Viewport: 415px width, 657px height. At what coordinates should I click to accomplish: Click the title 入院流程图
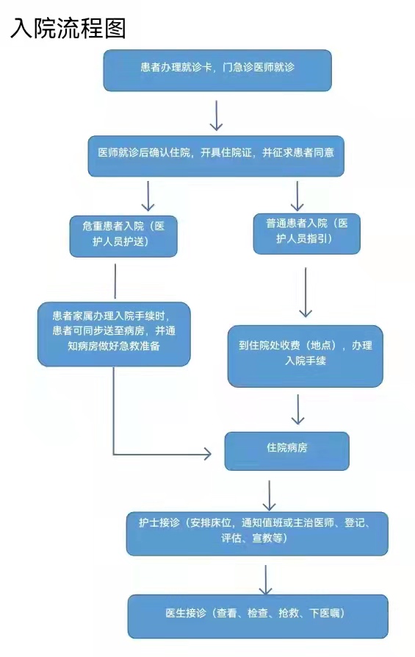pos(68,29)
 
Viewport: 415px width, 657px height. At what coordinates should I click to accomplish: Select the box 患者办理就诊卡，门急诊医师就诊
pos(217,70)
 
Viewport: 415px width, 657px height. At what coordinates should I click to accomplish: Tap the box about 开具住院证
pos(216,156)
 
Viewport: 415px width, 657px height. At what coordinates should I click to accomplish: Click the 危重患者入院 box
pos(123,236)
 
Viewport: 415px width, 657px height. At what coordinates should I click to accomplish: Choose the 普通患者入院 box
pos(306,234)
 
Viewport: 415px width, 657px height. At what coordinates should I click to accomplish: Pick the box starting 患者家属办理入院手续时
pos(114,334)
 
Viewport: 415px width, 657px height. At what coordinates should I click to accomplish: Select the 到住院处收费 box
pos(305,356)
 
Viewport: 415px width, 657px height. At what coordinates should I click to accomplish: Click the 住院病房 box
pos(286,451)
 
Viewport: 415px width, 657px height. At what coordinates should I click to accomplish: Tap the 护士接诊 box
pos(257,533)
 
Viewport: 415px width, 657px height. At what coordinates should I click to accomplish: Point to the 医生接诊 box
pos(258,616)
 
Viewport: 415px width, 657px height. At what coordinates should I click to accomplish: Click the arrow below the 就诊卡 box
pos(216,116)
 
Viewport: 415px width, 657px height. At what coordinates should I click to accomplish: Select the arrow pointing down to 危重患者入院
pos(148,196)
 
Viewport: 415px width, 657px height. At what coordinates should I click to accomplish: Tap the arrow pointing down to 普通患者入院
pos(297,196)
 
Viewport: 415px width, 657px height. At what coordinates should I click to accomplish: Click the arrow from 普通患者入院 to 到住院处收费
pos(306,292)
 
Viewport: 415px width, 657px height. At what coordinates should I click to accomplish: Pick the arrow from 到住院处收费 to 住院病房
pos(298,409)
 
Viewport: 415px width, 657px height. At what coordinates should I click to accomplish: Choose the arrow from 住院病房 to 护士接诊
pos(269,495)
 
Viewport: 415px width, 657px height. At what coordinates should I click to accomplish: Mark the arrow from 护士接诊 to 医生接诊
pos(265,580)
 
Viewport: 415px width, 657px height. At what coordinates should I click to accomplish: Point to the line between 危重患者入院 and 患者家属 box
pos(115,281)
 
